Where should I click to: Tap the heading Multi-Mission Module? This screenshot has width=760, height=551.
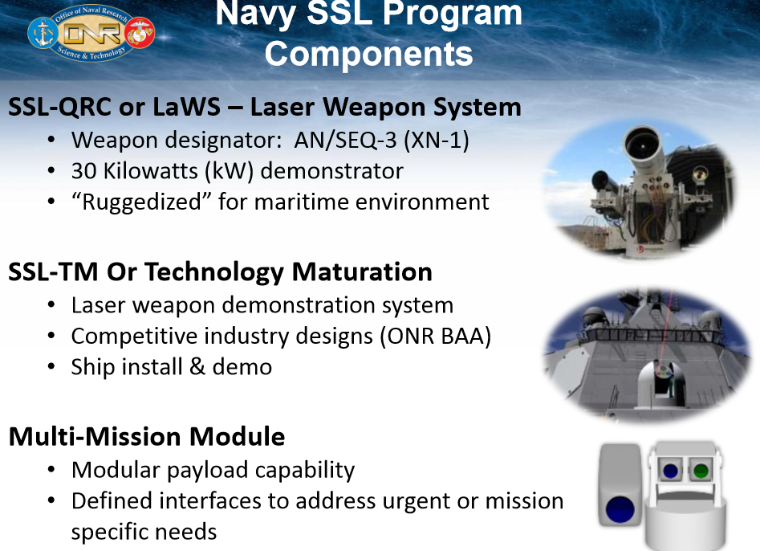147,436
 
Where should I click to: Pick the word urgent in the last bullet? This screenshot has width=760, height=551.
407,501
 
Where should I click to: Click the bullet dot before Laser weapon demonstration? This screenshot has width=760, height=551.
52,306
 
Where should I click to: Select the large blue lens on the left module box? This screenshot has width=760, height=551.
621,509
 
